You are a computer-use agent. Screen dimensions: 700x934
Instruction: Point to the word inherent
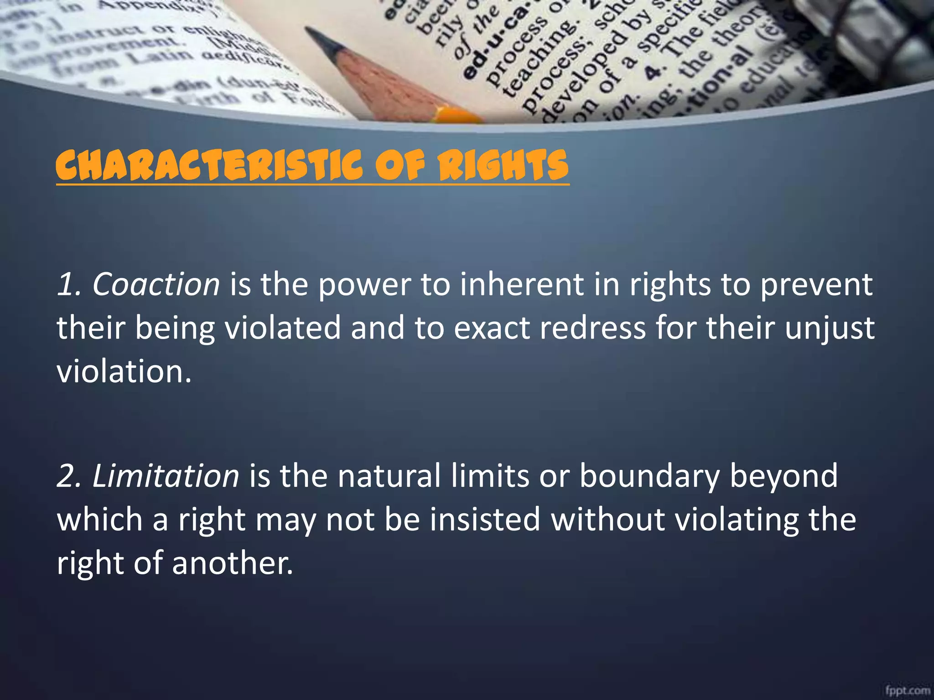521,285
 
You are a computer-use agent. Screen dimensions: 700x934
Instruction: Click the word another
232,563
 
